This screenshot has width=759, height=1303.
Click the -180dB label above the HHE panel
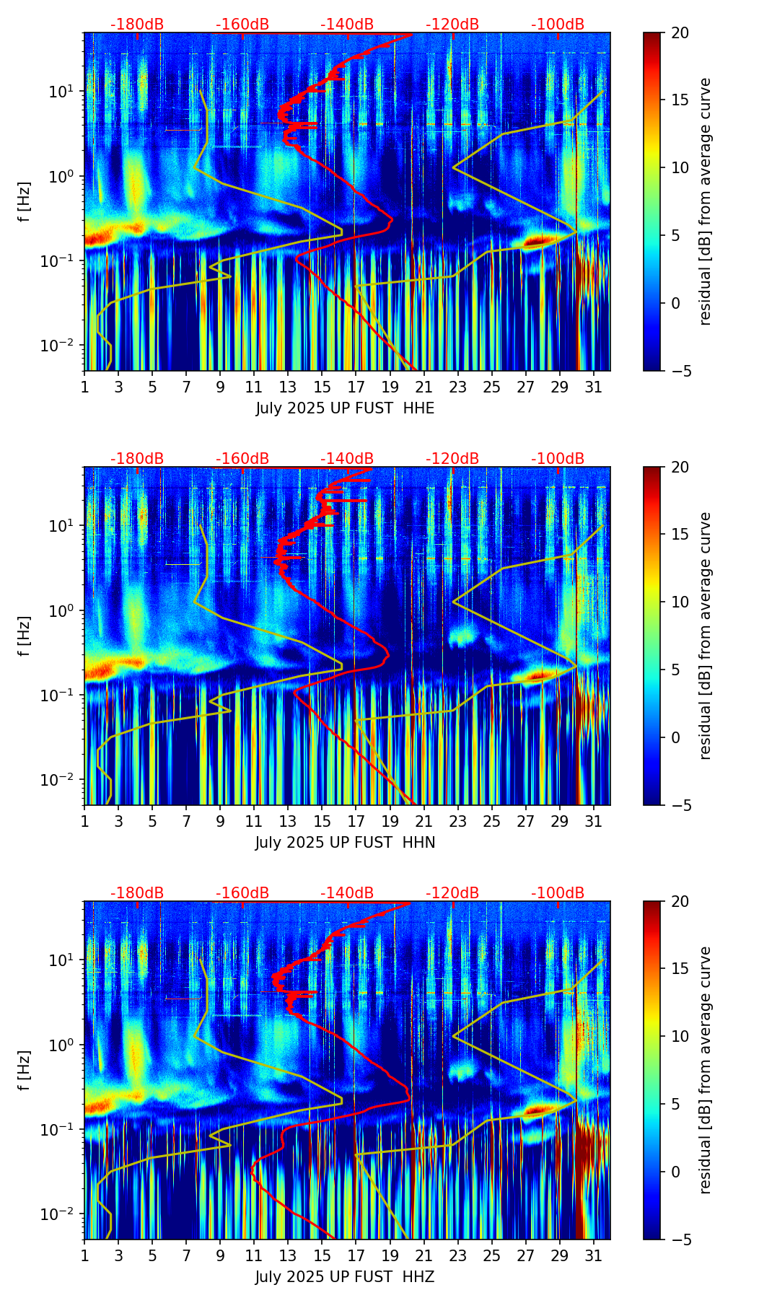(x=137, y=25)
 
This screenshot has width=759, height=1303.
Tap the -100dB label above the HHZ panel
(x=558, y=893)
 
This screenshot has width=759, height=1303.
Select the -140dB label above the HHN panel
(x=347, y=459)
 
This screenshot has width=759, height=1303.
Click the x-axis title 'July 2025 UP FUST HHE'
(x=345, y=408)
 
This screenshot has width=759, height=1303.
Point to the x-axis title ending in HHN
(x=345, y=843)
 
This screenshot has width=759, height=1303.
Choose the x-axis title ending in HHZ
(x=345, y=1277)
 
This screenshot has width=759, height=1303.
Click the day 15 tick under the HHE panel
(x=322, y=387)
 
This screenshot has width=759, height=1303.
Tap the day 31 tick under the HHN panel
(x=593, y=821)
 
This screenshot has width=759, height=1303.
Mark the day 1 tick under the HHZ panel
(x=85, y=1255)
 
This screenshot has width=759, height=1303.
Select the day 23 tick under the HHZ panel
(x=457, y=1255)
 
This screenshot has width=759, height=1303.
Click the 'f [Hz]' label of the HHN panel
(x=25, y=636)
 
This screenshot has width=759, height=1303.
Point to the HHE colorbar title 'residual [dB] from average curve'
(x=705, y=201)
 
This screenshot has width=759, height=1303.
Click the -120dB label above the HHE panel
(x=452, y=25)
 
